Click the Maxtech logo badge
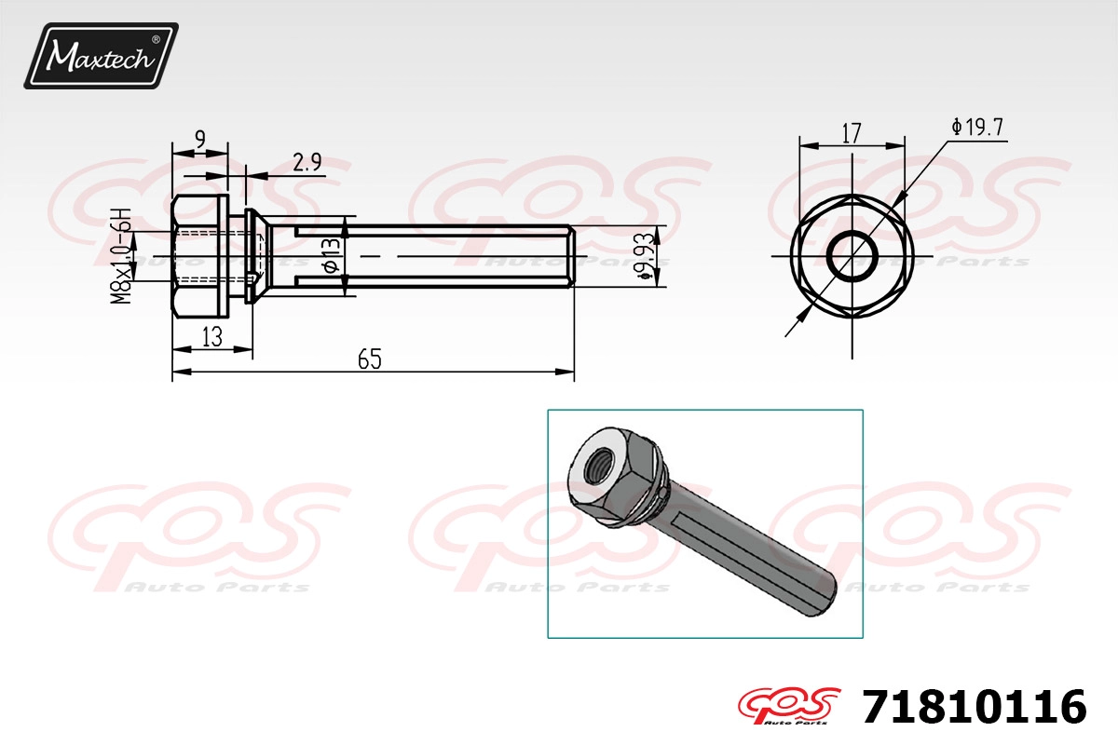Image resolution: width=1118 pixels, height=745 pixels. pos(102,56)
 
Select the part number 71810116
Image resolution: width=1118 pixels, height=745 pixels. pos(975,707)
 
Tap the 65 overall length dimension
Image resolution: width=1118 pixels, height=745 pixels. pos(370,359)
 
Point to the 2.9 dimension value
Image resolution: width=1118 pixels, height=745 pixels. pos(307,162)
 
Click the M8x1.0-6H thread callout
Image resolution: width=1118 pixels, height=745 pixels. pos(121,256)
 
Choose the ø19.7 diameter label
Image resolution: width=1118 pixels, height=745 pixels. pos(977,128)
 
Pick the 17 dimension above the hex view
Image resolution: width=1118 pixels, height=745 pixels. pos(852,133)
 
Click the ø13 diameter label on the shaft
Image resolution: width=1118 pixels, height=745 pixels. pos(332,255)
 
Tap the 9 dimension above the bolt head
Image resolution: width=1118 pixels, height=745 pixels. pos(200,139)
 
